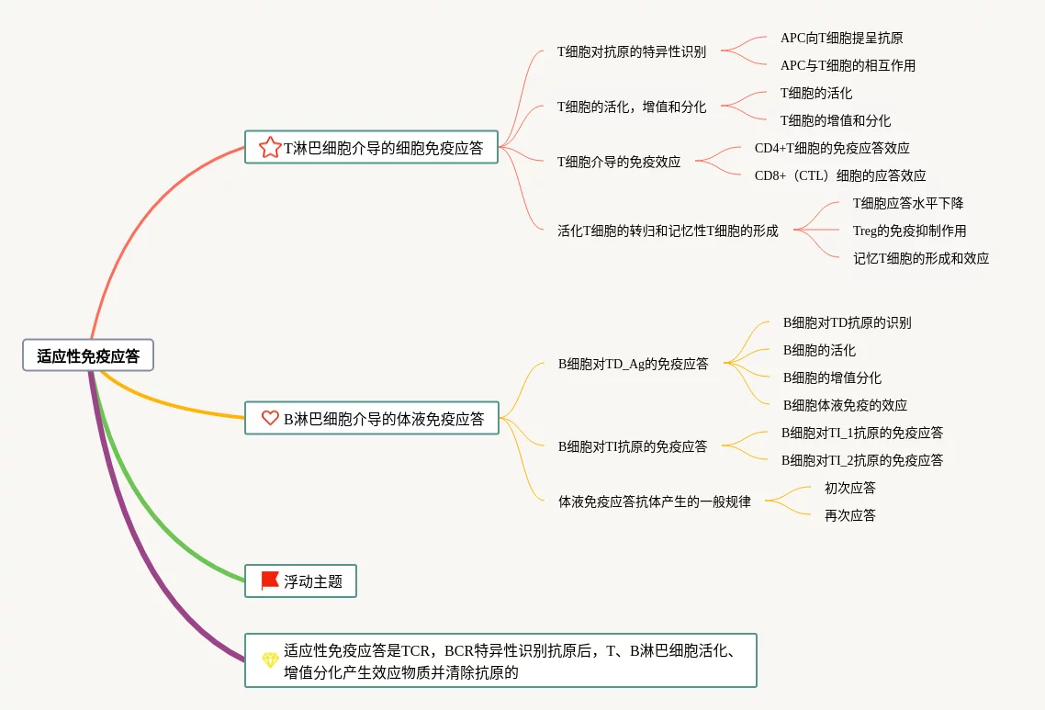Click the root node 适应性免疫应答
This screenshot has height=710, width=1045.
point(88,355)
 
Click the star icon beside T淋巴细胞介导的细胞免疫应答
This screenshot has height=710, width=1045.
point(270,147)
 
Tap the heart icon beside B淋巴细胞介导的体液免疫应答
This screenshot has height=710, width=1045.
point(270,418)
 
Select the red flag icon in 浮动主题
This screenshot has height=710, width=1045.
point(270,580)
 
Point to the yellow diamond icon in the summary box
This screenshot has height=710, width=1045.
point(270,659)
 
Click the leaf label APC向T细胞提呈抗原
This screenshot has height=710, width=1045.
point(841,38)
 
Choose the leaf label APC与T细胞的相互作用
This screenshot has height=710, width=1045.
point(848,65)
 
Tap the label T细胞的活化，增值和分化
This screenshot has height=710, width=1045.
point(632,107)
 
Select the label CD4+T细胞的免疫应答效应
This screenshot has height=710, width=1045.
point(832,148)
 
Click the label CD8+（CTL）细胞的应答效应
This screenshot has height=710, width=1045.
point(840,175)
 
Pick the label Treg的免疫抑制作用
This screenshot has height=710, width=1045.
point(909,231)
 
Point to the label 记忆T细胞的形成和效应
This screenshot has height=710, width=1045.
point(921,258)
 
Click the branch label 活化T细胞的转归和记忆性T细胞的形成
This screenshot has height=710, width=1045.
point(668,231)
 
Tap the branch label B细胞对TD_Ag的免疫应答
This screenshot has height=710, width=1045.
point(634,364)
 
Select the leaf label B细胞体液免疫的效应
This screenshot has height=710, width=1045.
point(845,405)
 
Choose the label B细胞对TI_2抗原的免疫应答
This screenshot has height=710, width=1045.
point(862,460)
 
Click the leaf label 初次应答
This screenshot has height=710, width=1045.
point(850,488)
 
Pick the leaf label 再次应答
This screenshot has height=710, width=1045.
point(850,515)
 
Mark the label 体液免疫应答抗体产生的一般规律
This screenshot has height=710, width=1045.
point(655,502)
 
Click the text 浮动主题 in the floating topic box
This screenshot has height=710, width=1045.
point(313,581)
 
